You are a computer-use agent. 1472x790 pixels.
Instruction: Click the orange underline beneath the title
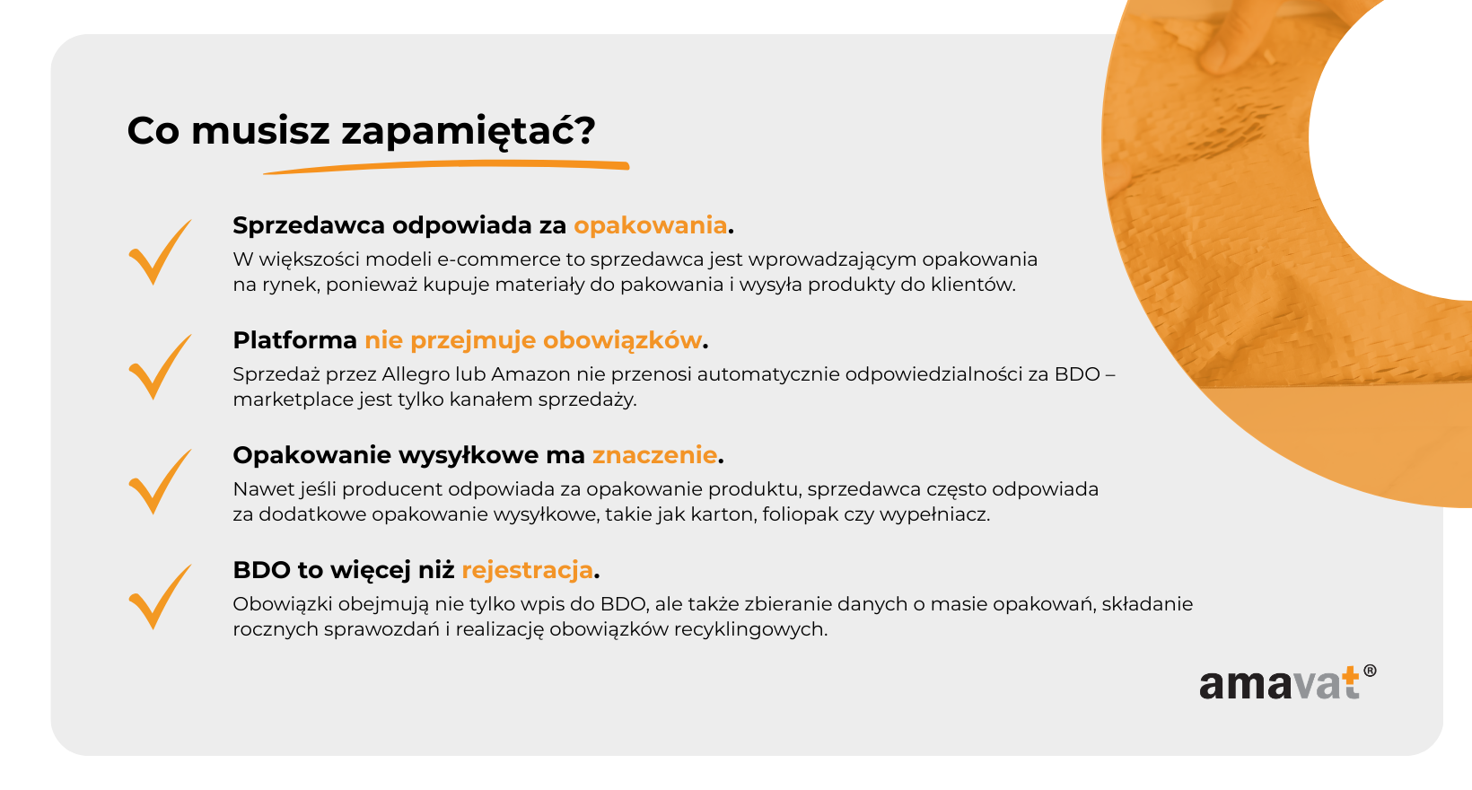(447, 167)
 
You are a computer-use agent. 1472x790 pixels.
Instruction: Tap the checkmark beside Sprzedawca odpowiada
(160, 251)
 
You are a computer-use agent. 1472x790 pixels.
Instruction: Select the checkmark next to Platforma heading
(160, 367)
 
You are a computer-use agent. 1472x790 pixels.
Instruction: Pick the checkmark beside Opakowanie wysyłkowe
(160, 482)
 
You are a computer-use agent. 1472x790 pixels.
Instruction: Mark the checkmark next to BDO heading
(160, 597)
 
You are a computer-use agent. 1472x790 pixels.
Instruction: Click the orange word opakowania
(651, 226)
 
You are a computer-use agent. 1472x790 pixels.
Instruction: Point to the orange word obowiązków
(622, 341)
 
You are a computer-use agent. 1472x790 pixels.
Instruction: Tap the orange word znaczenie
(654, 455)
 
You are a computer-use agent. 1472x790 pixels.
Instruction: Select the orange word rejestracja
(527, 570)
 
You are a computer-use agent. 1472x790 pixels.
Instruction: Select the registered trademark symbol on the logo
(1370, 671)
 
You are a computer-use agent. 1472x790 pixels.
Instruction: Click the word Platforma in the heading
(295, 341)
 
